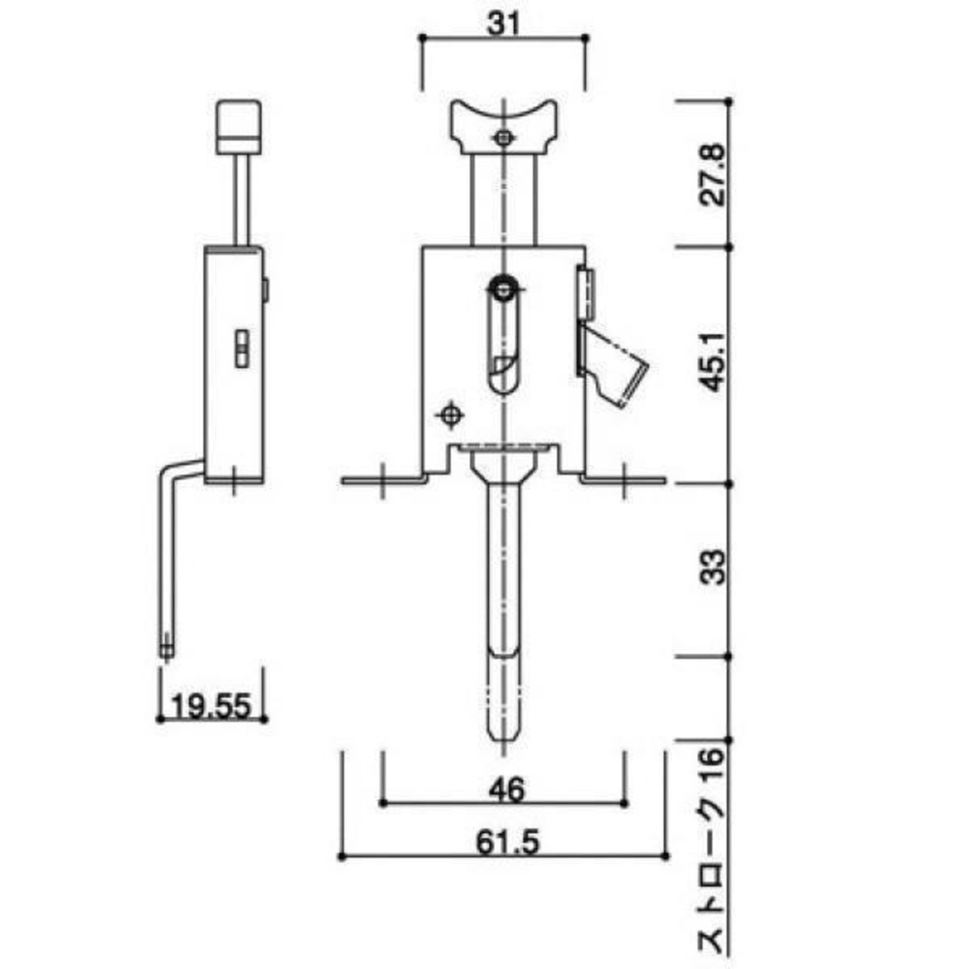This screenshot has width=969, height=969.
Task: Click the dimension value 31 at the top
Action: click(x=503, y=23)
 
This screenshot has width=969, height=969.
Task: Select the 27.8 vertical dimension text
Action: click(x=713, y=174)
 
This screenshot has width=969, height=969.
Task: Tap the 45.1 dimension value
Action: click(x=713, y=361)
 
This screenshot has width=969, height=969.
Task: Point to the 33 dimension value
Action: click(x=713, y=567)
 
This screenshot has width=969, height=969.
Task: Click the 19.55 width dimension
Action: click(x=211, y=706)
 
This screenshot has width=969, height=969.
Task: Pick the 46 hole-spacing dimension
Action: click(x=506, y=790)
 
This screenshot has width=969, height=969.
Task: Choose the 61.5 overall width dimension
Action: click(x=507, y=843)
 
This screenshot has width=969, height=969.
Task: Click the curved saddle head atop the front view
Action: click(x=503, y=126)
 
